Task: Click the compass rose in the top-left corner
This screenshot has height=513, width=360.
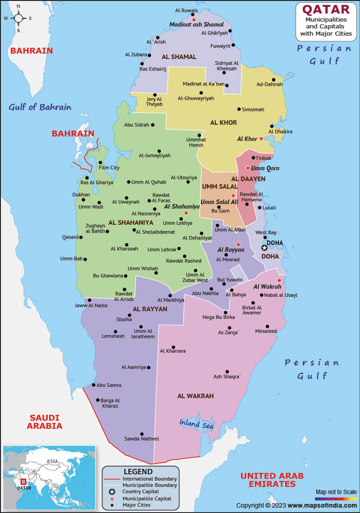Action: pyautogui.click(x=19, y=18)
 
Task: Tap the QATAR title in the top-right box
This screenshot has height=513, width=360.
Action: pyautogui.click(x=325, y=9)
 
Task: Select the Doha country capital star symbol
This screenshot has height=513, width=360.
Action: pyautogui.click(x=265, y=248)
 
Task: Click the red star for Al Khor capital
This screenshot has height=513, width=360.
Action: pyautogui.click(x=261, y=139)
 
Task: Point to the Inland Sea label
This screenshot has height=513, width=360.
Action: pyautogui.click(x=196, y=424)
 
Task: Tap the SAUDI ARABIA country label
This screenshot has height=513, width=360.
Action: pyautogui.click(x=45, y=422)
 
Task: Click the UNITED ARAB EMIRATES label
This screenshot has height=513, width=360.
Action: pyautogui.click(x=272, y=480)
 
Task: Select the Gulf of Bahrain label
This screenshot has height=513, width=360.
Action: pyautogui.click(x=40, y=107)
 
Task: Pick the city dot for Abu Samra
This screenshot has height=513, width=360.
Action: pyautogui.click(x=94, y=385)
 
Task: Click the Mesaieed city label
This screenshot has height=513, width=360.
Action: pyautogui.click(x=266, y=331)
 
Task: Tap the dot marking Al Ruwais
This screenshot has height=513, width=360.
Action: pyautogui.click(x=194, y=14)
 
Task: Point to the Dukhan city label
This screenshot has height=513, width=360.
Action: pyautogui.click(x=81, y=195)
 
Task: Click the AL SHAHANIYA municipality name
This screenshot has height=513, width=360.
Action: pyautogui.click(x=130, y=222)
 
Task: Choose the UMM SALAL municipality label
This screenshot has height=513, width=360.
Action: pyautogui.click(x=220, y=186)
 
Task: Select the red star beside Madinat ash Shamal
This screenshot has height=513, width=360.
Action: pyautogui.click(x=194, y=20)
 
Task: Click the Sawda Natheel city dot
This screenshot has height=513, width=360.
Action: pyautogui.click(x=142, y=434)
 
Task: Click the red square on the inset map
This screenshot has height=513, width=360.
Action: pyautogui.click(x=23, y=482)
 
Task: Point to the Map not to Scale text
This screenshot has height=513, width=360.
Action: pyautogui.click(x=336, y=492)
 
